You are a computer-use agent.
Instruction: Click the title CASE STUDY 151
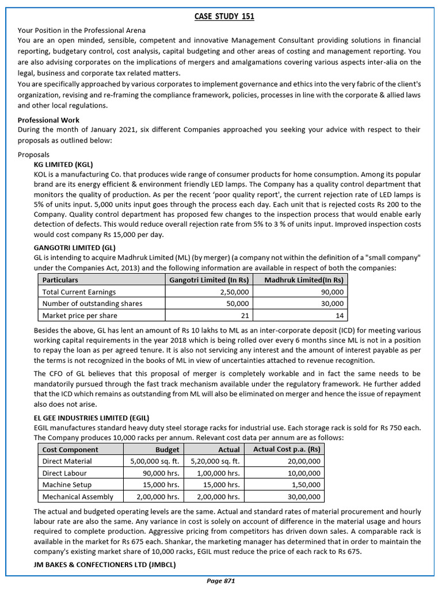coord(223,17)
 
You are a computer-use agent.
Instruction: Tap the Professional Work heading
coord(48,120)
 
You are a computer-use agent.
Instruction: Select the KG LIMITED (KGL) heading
coord(63,165)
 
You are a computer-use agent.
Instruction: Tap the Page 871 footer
coord(221,582)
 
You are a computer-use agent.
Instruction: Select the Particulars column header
coord(62,280)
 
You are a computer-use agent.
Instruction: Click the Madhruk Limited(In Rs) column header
coord(304,280)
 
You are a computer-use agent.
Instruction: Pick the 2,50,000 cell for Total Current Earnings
coord(233,292)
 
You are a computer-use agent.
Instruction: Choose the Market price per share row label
coord(80,316)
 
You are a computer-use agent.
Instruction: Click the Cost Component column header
coord(70,450)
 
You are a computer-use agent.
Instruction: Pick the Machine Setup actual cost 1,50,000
coord(306,485)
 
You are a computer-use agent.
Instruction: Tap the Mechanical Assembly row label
coord(78,497)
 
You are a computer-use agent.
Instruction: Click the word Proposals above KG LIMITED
coord(34,155)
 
